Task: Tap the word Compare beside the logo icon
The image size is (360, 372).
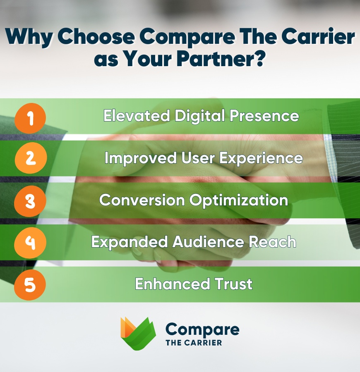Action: [x=202, y=329]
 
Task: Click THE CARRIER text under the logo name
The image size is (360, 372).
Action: [x=193, y=343]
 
